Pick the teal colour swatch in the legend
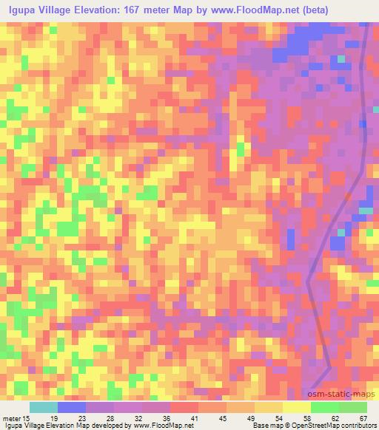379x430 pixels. tap(43, 407)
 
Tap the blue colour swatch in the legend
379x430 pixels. tap(72, 407)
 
